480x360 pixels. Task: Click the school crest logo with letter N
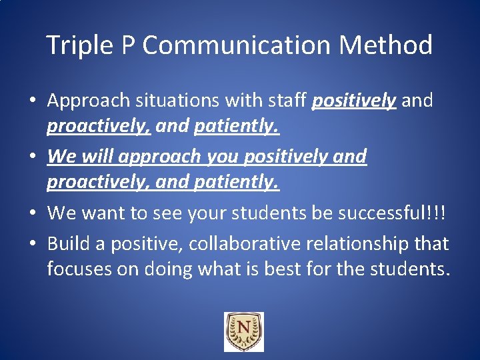click(243, 331)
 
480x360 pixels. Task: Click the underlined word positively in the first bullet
click(354, 101)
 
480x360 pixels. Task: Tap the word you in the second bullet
click(225, 157)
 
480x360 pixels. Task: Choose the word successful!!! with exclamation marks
click(393, 213)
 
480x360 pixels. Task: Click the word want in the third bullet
click(107, 213)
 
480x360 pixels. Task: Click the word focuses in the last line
click(81, 269)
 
